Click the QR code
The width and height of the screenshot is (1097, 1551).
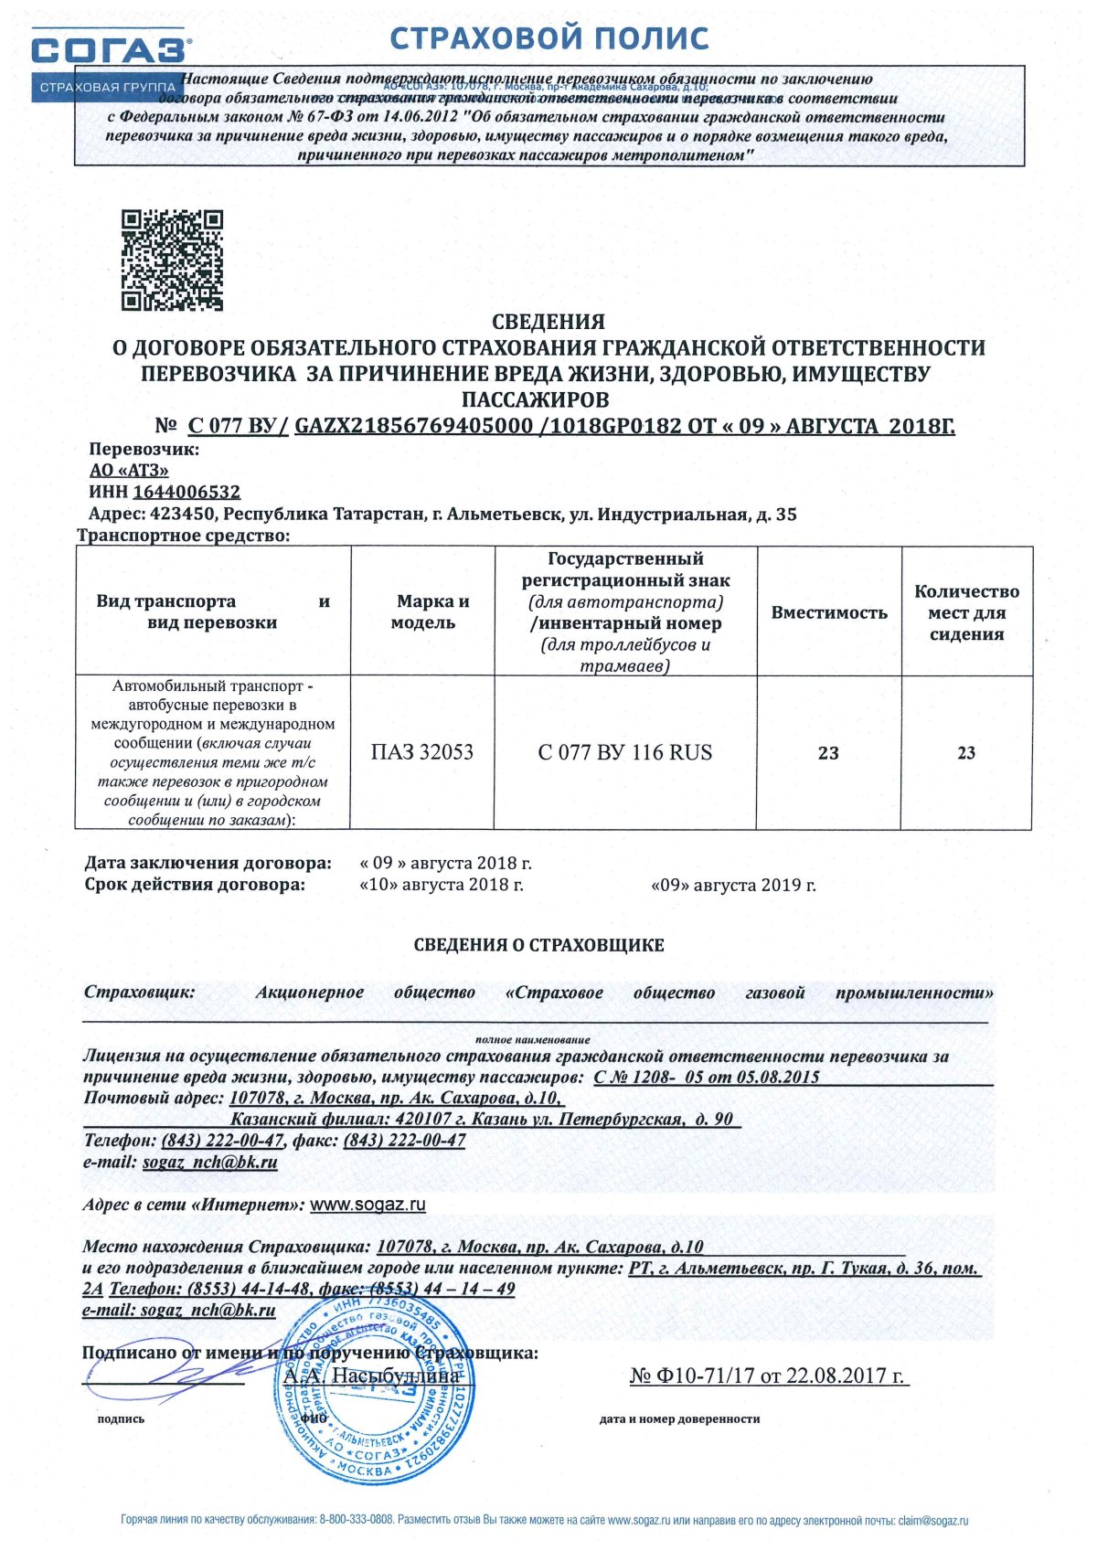(x=173, y=260)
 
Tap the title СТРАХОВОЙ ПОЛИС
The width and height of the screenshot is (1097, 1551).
(x=549, y=38)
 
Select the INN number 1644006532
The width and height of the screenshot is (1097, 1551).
(x=186, y=493)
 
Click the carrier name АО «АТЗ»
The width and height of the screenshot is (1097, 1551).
(x=129, y=471)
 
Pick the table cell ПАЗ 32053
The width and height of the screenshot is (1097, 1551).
(x=422, y=752)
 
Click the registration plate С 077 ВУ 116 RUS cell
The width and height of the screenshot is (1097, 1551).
(x=625, y=752)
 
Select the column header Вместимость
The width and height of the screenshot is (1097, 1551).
(x=829, y=612)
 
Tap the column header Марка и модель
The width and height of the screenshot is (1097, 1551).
(x=422, y=611)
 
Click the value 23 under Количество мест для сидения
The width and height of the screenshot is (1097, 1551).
(x=966, y=753)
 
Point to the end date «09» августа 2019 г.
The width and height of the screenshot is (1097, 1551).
(x=733, y=885)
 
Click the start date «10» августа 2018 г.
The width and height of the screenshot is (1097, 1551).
(x=442, y=885)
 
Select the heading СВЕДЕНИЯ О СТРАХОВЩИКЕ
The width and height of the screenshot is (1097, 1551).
(x=538, y=945)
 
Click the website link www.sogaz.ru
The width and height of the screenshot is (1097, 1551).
(x=367, y=1205)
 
